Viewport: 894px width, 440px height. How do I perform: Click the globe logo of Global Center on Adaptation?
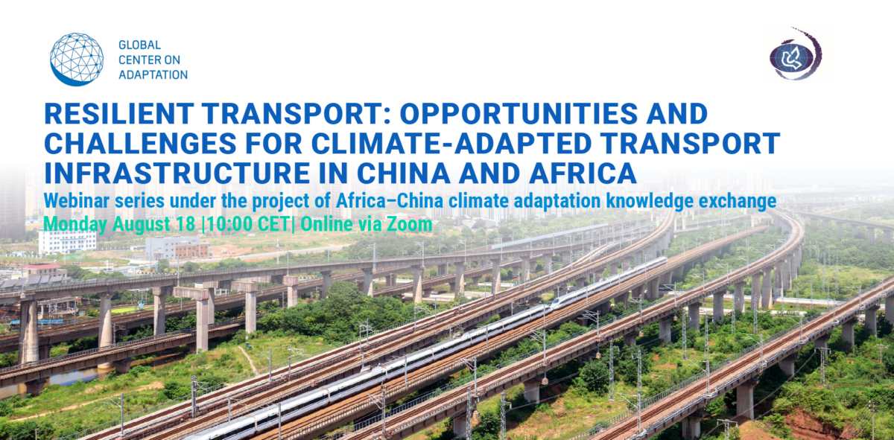77,60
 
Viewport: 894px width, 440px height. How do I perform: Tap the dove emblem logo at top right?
795,54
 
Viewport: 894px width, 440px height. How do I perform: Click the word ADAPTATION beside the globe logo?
153,74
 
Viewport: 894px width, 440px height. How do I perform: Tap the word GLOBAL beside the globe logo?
139,46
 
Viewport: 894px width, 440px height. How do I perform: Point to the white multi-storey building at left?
67,240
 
